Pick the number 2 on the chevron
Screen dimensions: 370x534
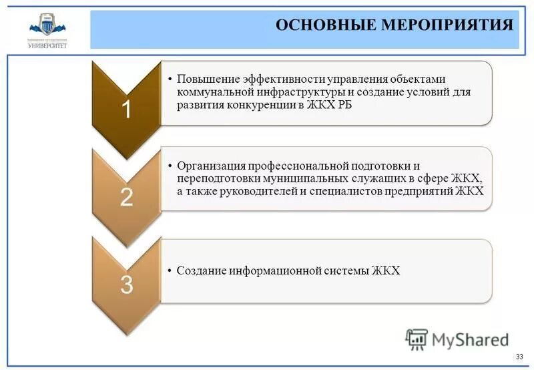(125, 197)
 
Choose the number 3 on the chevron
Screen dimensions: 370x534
(125, 284)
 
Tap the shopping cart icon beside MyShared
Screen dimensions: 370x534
(417, 339)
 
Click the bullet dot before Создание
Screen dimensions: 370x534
(170, 270)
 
